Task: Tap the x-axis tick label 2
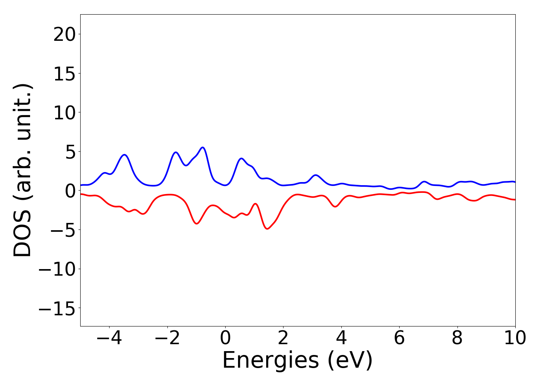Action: click(x=283, y=338)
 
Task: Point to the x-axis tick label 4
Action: click(x=341, y=338)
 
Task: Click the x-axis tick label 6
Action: click(x=399, y=338)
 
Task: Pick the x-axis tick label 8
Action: click(x=457, y=338)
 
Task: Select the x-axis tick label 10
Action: click(x=515, y=338)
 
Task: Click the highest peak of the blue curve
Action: click(x=202, y=147)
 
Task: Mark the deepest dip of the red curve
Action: click(x=267, y=229)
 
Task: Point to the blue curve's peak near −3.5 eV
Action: click(x=124, y=155)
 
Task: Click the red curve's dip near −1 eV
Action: click(x=197, y=223)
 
